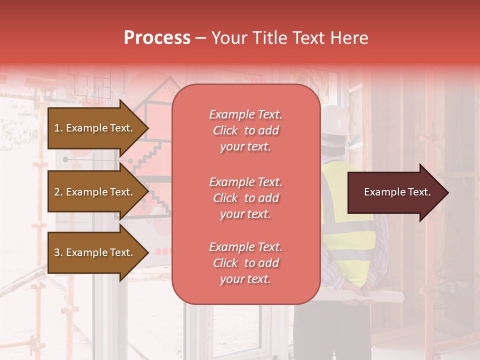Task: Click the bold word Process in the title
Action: [x=157, y=38]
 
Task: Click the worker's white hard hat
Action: [x=335, y=120]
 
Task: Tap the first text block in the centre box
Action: [x=245, y=130]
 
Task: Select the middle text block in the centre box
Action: [x=245, y=198]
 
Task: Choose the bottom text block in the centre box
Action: [x=245, y=263]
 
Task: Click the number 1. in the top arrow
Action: [x=58, y=128]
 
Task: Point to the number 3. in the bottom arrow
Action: [x=58, y=252]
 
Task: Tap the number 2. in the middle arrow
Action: [x=58, y=192]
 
